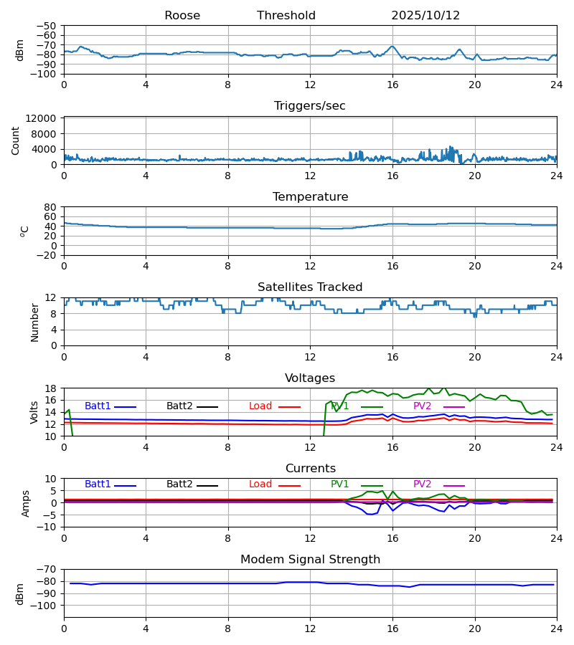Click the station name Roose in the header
(182, 16)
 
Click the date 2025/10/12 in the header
(425, 16)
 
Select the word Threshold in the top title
(286, 16)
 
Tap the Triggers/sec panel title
(310, 106)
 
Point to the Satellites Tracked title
(310, 287)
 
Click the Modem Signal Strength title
(310, 560)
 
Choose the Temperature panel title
(310, 197)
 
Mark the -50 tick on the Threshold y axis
(47, 27)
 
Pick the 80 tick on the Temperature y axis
(50, 207)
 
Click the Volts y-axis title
(35, 412)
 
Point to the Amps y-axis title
(26, 503)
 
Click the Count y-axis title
(16, 140)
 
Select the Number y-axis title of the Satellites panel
(35, 322)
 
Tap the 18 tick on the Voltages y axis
(51, 388)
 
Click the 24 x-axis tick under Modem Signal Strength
(556, 629)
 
